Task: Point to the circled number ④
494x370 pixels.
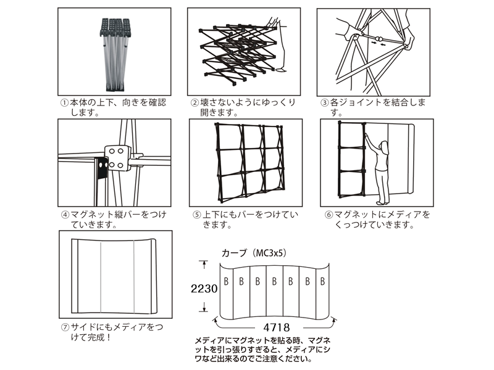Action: click(64, 215)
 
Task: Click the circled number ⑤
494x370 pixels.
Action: click(196, 215)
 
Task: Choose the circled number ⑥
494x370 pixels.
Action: click(329, 215)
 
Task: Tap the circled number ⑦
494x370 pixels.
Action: click(64, 327)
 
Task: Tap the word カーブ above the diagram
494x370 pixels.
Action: click(233, 253)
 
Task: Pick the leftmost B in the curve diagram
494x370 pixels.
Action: click(226, 282)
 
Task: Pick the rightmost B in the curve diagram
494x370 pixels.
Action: click(322, 282)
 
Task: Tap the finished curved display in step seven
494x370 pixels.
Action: click(114, 276)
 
